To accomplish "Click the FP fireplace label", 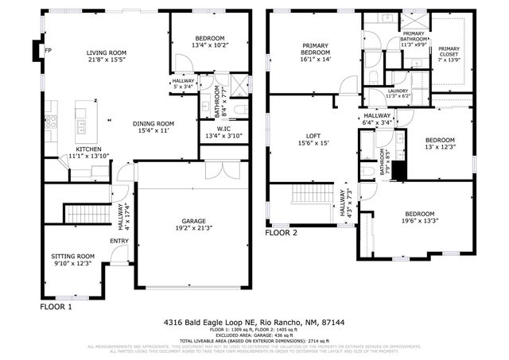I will click(x=49, y=52).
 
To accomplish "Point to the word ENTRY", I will click(x=119, y=242).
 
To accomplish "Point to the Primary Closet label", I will click(x=449, y=52).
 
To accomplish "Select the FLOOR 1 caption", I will click(x=56, y=306).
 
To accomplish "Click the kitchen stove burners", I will click(x=50, y=122).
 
